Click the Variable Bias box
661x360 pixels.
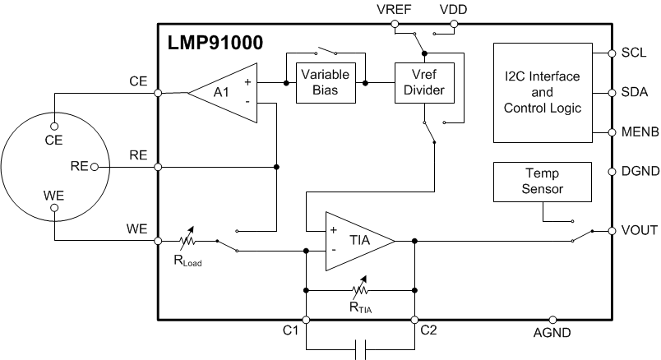point(326,82)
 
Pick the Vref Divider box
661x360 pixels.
point(423,82)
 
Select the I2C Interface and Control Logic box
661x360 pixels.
point(542,91)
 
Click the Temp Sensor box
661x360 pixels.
point(542,182)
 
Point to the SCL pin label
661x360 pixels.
point(634,53)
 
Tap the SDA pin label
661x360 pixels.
point(635,92)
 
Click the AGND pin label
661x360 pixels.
point(552,333)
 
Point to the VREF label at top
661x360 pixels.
point(392,9)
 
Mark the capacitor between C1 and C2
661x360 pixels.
point(360,349)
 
